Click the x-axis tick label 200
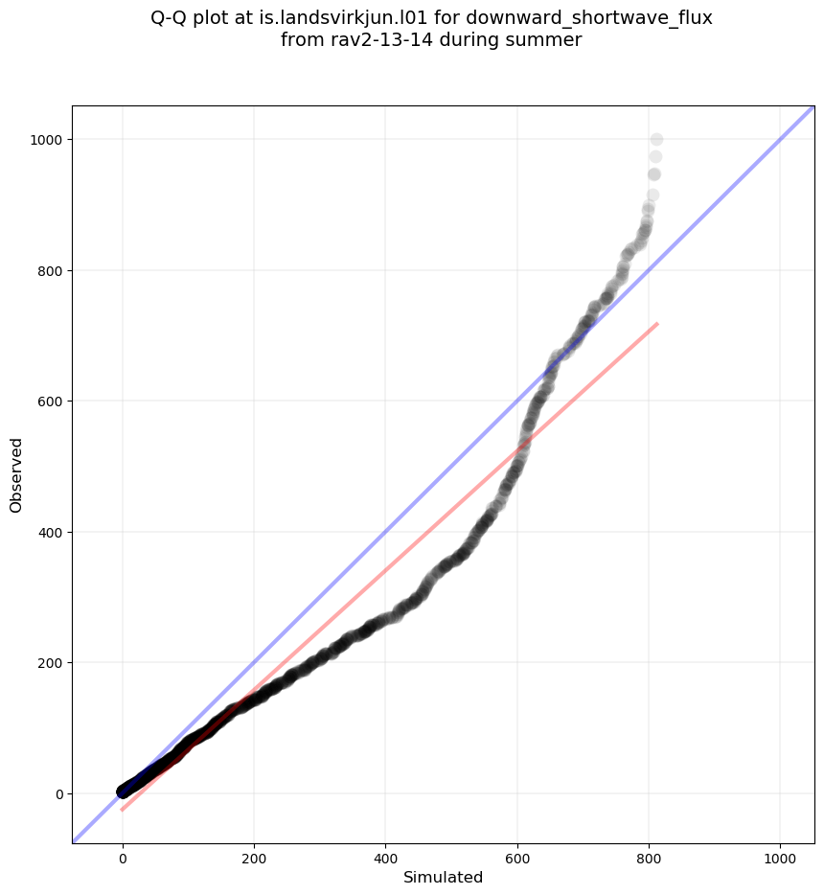254,858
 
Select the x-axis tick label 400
385,858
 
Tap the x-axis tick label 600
517,858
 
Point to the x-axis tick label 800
649,858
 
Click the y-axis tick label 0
57,793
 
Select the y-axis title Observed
16,474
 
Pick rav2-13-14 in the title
372,40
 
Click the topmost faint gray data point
656,140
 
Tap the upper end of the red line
657,324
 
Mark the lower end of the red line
123,811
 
